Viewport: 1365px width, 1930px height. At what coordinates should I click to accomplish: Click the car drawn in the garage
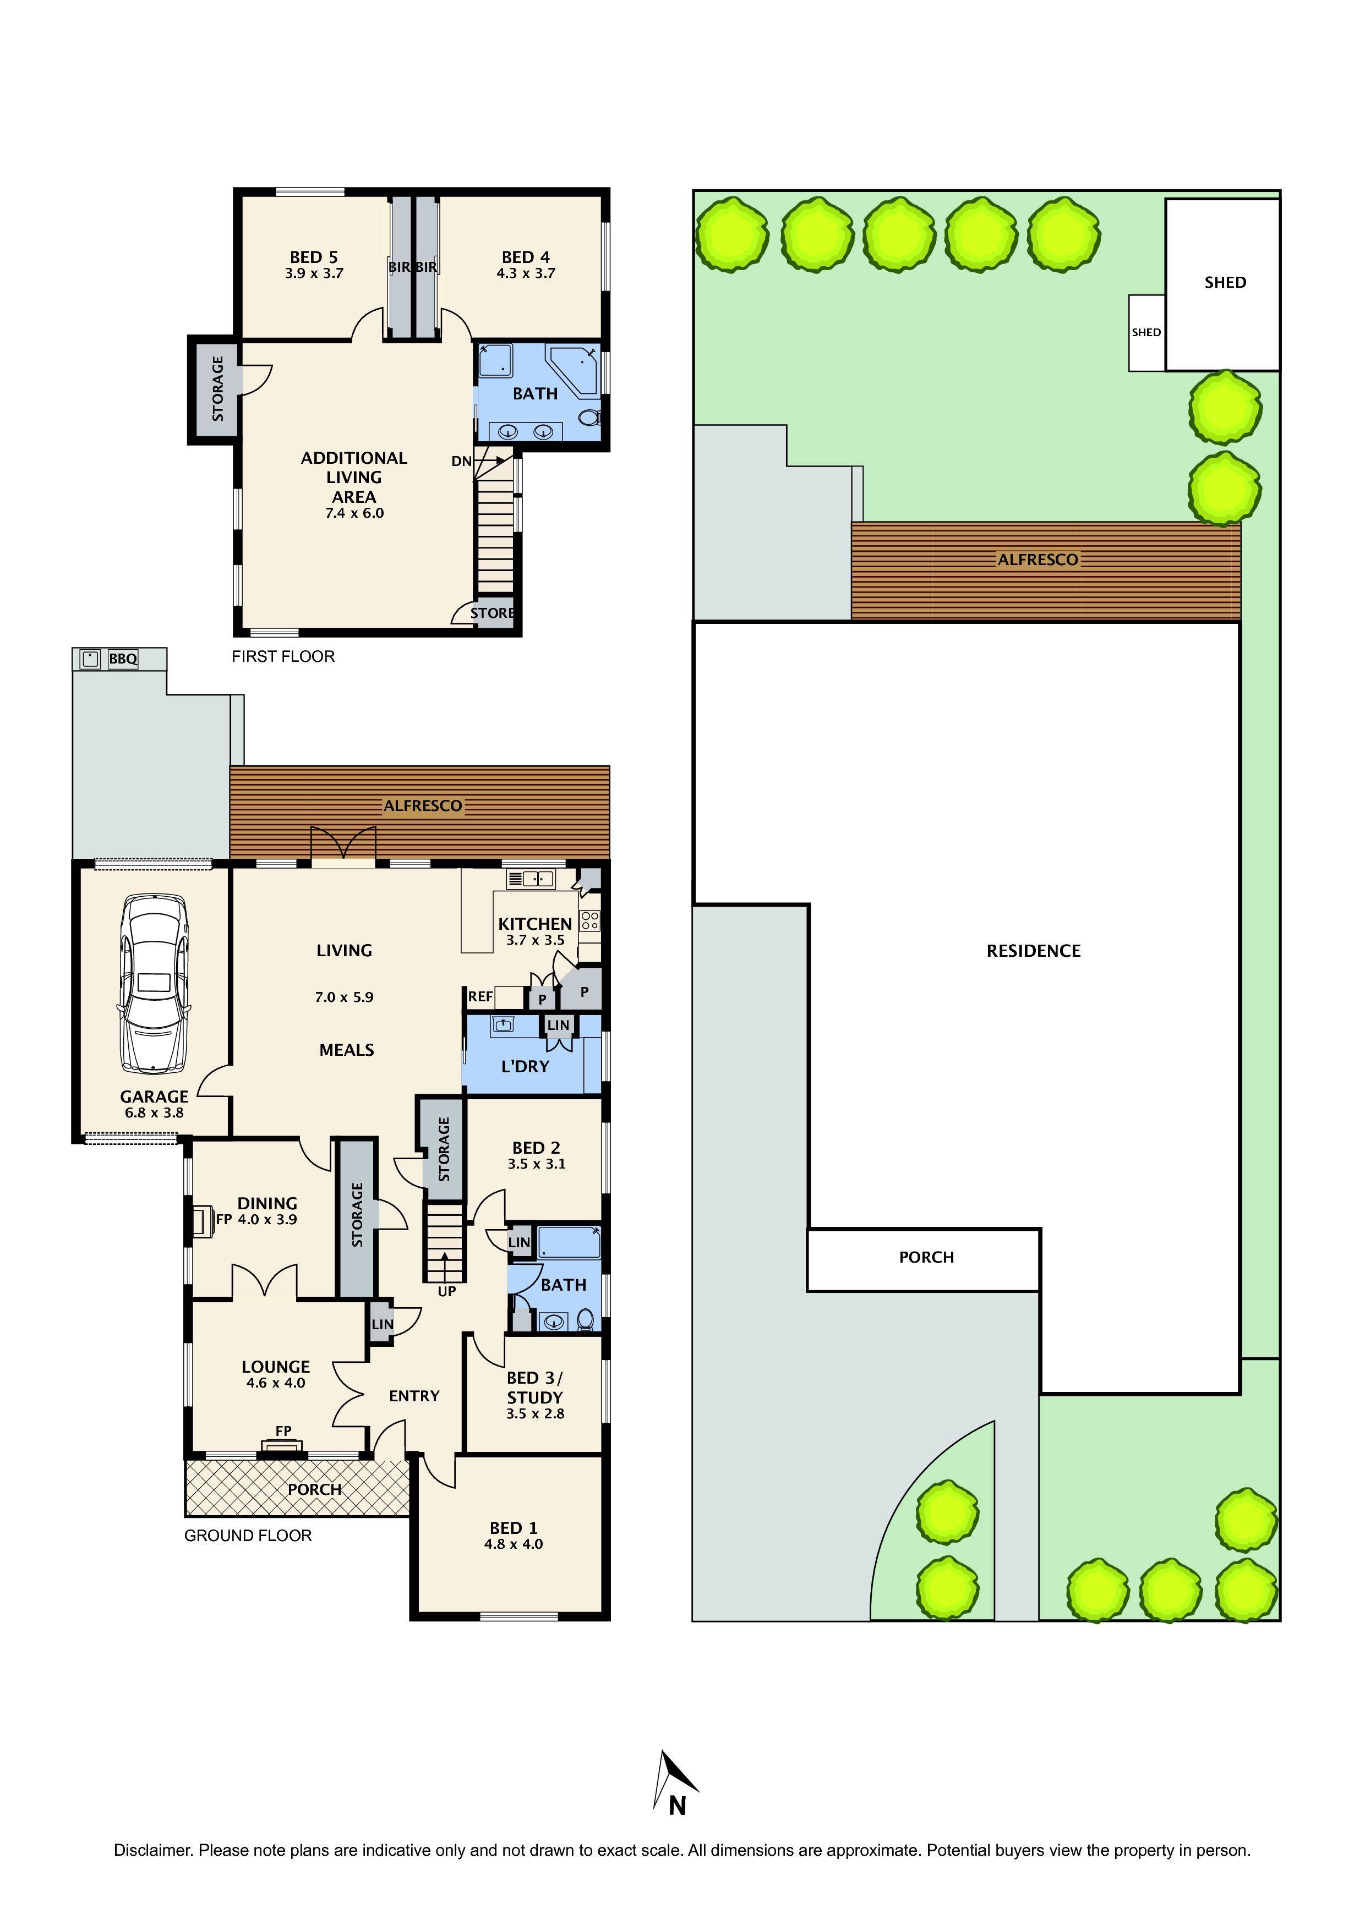(155, 984)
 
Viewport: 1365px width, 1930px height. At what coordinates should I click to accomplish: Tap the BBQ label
(123, 659)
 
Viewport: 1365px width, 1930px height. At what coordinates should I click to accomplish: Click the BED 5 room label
(314, 257)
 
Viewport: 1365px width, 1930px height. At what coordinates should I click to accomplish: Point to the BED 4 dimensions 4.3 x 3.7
(526, 273)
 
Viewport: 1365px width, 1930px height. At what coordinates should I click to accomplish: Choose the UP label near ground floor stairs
(446, 1291)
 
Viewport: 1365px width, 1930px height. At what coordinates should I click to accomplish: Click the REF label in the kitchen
(481, 997)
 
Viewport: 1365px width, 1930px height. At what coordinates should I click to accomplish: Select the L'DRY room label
(525, 1067)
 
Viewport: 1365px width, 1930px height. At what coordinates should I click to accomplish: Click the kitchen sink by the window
(531, 879)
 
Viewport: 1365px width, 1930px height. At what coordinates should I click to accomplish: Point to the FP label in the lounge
(283, 1430)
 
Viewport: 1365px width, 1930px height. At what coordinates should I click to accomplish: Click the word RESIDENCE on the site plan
(1034, 951)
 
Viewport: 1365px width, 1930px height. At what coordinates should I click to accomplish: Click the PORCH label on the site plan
(926, 1258)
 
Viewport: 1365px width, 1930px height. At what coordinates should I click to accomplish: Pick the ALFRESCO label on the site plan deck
(1038, 560)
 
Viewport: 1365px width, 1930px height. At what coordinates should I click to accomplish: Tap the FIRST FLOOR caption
(283, 656)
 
